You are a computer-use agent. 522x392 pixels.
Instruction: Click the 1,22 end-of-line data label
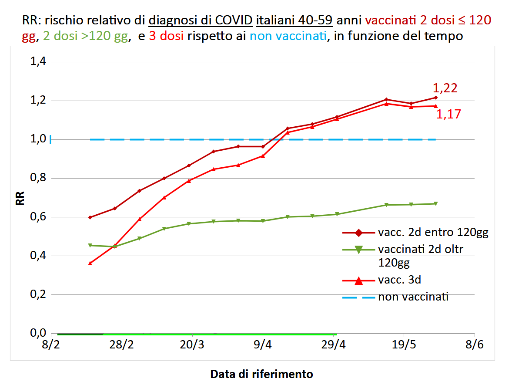[445, 88]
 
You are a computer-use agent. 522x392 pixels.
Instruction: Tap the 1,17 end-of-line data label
[448, 115]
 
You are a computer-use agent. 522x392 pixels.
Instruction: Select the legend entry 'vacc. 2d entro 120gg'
[433, 233]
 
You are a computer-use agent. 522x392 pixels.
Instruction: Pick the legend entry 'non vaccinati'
[413, 297]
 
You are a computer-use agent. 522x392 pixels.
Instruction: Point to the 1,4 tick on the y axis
[37, 62]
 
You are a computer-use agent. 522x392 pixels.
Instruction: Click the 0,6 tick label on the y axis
[37, 217]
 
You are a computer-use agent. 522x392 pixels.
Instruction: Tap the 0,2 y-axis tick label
[37, 294]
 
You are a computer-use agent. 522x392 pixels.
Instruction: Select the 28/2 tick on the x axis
[121, 345]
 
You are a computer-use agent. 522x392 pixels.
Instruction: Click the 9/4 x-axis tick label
[263, 345]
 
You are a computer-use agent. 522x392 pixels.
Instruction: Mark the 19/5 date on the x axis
[404, 345]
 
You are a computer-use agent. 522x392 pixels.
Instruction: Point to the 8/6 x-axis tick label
[474, 345]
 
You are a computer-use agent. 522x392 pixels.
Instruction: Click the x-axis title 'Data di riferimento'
[261, 374]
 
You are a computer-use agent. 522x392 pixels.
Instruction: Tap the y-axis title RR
[20, 198]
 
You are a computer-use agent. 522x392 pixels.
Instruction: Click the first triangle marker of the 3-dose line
[90, 263]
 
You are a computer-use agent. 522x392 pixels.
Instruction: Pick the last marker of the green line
[435, 204]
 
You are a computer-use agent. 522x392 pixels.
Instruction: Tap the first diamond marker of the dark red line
[90, 217]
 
